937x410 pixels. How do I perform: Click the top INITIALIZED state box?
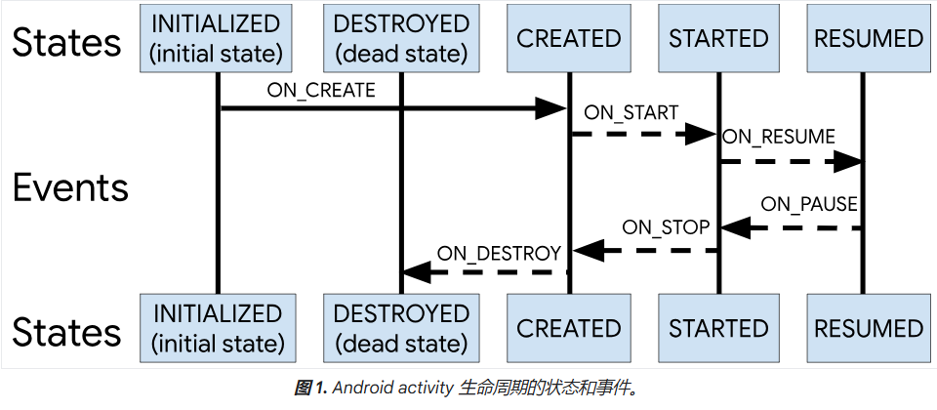point(216,39)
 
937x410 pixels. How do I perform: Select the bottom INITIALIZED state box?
point(217,328)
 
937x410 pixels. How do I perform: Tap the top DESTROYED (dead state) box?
point(401,39)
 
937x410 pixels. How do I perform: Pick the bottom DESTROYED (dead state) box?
point(401,328)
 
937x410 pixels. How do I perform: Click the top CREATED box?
point(569,39)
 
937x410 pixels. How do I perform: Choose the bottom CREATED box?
point(569,328)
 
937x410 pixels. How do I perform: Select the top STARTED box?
point(718,39)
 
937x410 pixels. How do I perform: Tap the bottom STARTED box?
point(718,328)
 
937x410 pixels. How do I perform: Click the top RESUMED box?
point(868,39)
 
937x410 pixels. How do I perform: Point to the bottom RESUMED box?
point(868,328)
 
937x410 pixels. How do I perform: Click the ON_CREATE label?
point(320,91)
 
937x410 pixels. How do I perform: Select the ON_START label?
point(631,113)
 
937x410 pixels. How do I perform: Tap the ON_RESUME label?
point(779,138)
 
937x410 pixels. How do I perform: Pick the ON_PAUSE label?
point(808,205)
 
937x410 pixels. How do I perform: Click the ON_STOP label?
point(666,228)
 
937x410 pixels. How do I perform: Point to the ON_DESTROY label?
point(499,253)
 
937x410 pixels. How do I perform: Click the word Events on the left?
point(70,187)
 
